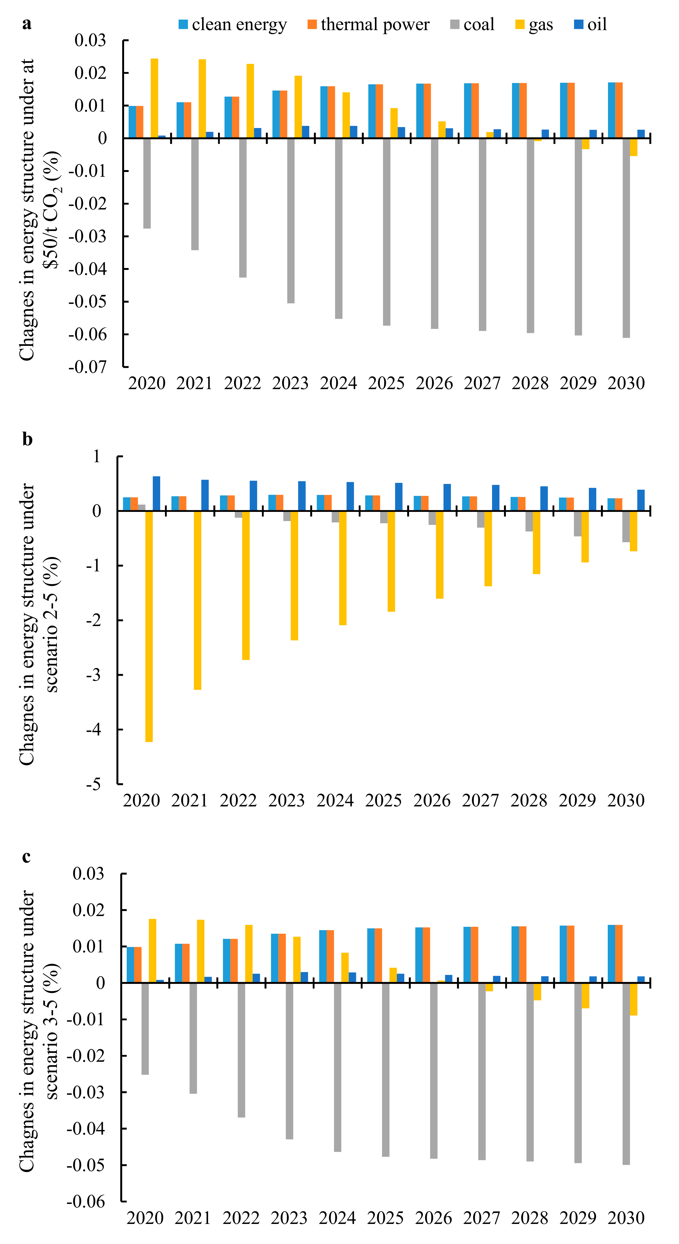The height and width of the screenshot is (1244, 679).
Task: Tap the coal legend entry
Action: click(472, 24)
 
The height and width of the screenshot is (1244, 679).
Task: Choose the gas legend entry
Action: click(534, 24)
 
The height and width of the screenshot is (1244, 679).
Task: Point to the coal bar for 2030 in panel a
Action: click(626, 238)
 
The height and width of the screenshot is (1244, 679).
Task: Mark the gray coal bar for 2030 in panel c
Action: click(626, 1073)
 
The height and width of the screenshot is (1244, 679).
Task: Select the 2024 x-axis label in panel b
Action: click(335, 800)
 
